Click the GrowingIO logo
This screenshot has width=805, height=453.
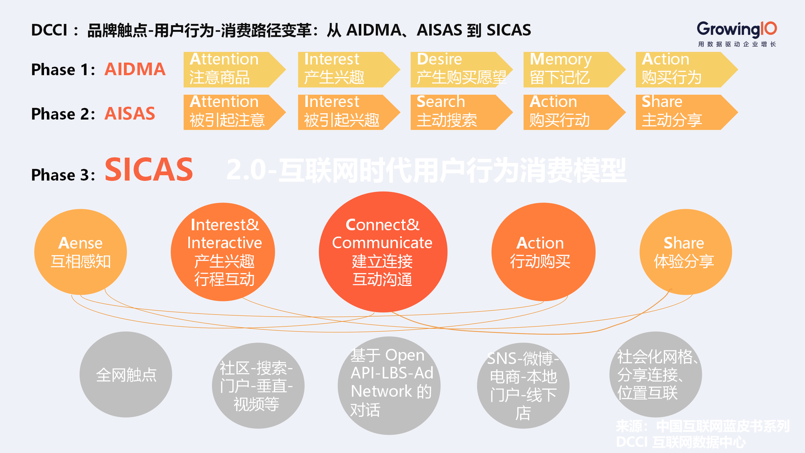point(737,34)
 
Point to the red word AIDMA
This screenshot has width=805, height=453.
point(135,70)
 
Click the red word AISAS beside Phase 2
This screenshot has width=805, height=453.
point(130,114)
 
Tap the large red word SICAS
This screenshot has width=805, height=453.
point(149,170)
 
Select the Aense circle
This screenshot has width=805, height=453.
point(81,252)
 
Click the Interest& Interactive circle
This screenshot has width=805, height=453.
point(223,252)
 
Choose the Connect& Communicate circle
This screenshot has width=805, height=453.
point(383,252)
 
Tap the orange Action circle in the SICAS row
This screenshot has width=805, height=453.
point(543,252)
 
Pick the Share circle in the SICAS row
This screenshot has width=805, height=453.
point(686,252)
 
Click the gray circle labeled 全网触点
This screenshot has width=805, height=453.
point(126,374)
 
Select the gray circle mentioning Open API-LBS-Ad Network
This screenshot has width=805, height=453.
point(389,385)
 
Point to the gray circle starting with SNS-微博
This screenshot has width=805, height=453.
point(523,385)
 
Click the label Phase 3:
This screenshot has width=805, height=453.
point(63,175)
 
